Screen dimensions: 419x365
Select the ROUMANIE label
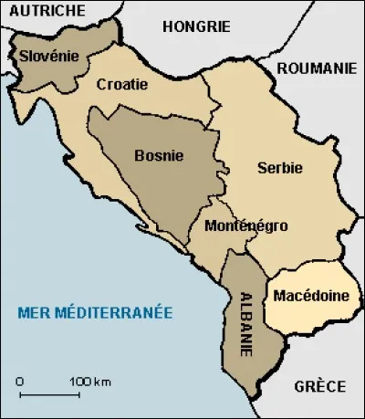click(x=315, y=68)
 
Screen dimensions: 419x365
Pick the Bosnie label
click(x=158, y=155)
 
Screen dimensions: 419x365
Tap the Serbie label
click(x=279, y=168)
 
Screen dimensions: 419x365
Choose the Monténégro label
click(x=246, y=225)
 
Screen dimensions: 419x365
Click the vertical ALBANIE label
click(x=245, y=315)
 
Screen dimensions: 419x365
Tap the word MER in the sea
click(x=33, y=313)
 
